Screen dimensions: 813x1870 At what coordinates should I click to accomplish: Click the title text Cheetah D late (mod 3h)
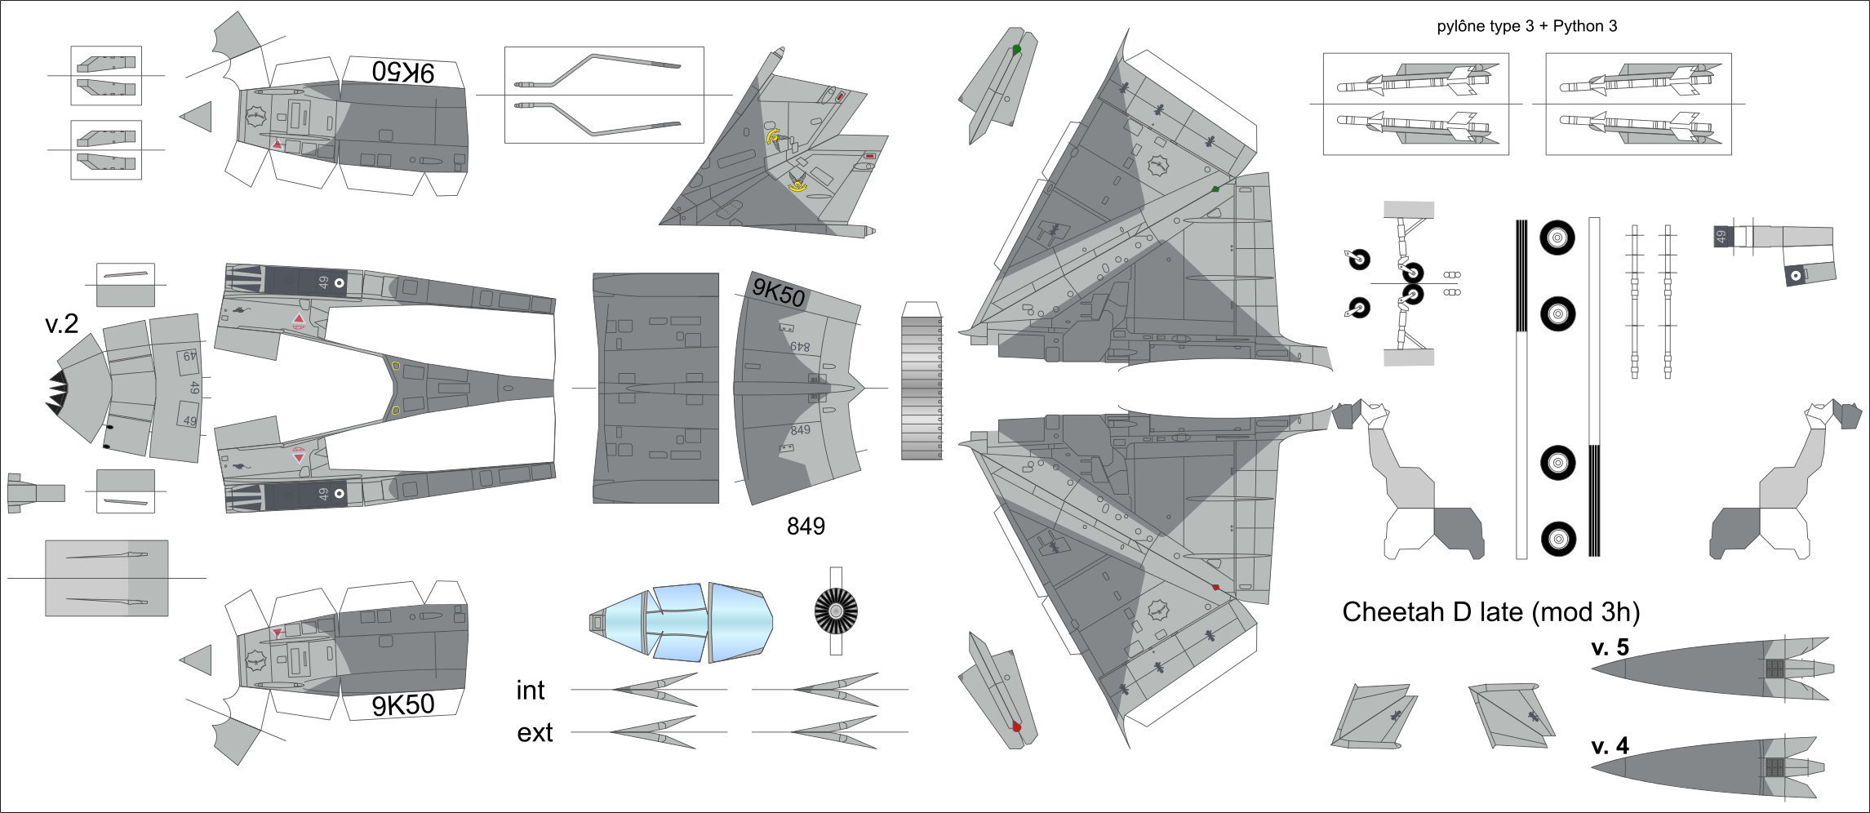point(1490,612)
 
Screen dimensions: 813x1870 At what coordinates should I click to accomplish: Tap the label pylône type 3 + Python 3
point(1526,26)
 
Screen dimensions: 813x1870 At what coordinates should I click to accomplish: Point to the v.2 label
point(61,324)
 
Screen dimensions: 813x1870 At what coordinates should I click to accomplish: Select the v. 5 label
point(1610,647)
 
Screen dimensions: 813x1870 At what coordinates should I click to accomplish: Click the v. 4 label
point(1610,746)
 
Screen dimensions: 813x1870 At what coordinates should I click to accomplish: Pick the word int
point(530,691)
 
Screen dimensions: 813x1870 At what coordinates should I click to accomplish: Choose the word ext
point(535,733)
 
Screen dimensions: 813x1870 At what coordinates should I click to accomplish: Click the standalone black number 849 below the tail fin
point(806,526)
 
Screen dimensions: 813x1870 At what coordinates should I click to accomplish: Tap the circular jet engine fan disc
point(836,611)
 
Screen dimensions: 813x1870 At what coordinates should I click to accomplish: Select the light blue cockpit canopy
point(681,622)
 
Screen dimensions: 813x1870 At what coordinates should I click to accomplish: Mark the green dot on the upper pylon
point(1016,50)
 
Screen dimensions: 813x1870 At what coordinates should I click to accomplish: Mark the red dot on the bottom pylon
point(1016,726)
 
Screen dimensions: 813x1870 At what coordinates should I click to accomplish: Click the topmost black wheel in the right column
point(1557,238)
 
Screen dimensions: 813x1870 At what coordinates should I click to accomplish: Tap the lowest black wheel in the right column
point(1557,539)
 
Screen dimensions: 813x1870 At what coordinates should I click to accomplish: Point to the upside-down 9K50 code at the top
point(403,72)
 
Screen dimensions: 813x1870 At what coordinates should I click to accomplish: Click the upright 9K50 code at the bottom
point(403,704)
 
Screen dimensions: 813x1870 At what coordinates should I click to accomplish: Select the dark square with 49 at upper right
point(1721,237)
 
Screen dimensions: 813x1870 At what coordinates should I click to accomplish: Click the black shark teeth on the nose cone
point(57,391)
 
